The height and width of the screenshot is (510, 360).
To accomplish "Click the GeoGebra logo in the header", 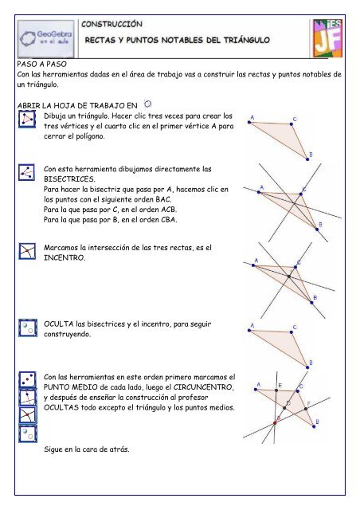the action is pyautogui.click(x=46, y=39).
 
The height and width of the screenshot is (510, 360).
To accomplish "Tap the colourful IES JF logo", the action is pyautogui.click(x=327, y=38).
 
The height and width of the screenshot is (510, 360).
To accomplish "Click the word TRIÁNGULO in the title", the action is pyautogui.click(x=247, y=41).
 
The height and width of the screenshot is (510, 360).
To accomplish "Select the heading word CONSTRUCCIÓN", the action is pyautogui.click(x=112, y=24).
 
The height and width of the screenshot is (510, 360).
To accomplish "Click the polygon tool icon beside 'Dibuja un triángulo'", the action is pyautogui.click(x=27, y=119).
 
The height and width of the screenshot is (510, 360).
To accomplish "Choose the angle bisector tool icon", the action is pyautogui.click(x=26, y=172).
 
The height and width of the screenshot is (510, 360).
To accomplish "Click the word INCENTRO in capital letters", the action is pyautogui.click(x=65, y=258).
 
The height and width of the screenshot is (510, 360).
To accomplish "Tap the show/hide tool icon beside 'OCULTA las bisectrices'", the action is pyautogui.click(x=28, y=328).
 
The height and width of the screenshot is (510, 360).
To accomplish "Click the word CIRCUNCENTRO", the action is pyautogui.click(x=203, y=387).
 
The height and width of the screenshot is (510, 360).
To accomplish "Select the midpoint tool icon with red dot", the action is pyautogui.click(x=28, y=379).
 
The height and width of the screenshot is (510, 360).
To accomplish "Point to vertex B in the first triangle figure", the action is pyautogui.click(x=307, y=159).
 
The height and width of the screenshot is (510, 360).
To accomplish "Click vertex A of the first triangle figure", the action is pyautogui.click(x=249, y=122).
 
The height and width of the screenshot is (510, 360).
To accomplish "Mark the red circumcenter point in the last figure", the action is pyautogui.click(x=275, y=423).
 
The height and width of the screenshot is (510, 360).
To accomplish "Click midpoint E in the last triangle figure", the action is pyautogui.click(x=276, y=390).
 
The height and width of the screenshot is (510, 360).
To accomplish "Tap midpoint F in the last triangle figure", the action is pyautogui.click(x=306, y=409).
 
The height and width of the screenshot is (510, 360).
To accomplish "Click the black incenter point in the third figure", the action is pyautogui.click(x=289, y=277).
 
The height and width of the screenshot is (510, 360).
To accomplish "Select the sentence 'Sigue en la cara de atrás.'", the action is pyautogui.click(x=87, y=449).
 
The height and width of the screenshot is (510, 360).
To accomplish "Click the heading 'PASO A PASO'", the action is pyautogui.click(x=42, y=64).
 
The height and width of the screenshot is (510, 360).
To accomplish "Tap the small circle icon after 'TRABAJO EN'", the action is pyautogui.click(x=147, y=104).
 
